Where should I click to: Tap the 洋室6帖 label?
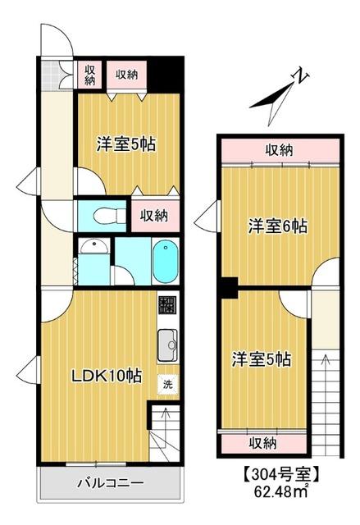[278, 227]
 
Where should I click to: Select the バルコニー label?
[111, 482]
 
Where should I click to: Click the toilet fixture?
[104, 217]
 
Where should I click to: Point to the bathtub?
[165, 261]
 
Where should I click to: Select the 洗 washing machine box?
[167, 383]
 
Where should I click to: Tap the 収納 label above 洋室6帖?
[279, 150]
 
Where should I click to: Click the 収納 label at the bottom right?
[262, 443]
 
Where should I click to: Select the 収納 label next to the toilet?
[153, 216]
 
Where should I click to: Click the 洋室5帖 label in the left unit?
[125, 145]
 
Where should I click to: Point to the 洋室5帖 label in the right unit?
[260, 358]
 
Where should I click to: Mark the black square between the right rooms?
[228, 288]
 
